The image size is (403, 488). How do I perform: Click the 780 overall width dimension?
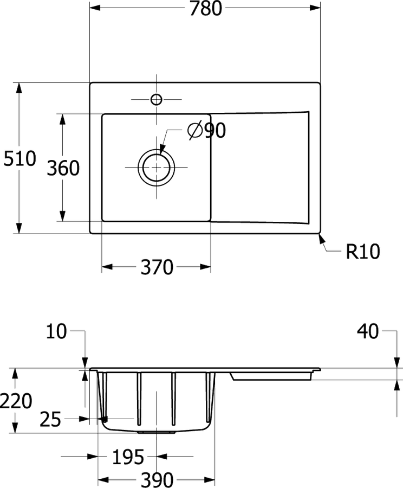tap(205, 8)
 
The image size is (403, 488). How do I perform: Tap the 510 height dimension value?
tap(20, 158)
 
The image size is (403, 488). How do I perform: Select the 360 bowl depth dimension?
tap(63, 168)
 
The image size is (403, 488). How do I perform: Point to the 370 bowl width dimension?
tap(157, 267)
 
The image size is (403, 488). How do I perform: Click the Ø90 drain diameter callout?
tap(207, 130)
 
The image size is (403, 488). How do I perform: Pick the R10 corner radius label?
tap(363, 251)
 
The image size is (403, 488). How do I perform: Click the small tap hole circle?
tap(156, 99)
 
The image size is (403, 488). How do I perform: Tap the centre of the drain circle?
tap(156, 168)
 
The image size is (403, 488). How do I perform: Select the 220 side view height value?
tap(16, 401)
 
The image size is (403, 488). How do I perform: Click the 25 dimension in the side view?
tap(50, 419)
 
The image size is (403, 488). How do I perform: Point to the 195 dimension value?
tap(128, 457)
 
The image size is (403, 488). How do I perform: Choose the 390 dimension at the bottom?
tap(157, 480)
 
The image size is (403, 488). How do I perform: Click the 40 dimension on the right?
tap(368, 331)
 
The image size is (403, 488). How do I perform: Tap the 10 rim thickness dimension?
tap(56, 331)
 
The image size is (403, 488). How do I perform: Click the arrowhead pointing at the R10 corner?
tap(322, 240)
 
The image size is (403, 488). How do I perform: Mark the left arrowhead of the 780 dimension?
tap(95, 8)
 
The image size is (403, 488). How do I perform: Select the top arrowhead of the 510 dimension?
tap(19, 88)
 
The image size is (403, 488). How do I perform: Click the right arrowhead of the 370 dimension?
tap(205, 267)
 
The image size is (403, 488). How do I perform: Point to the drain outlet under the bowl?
tap(156, 432)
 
